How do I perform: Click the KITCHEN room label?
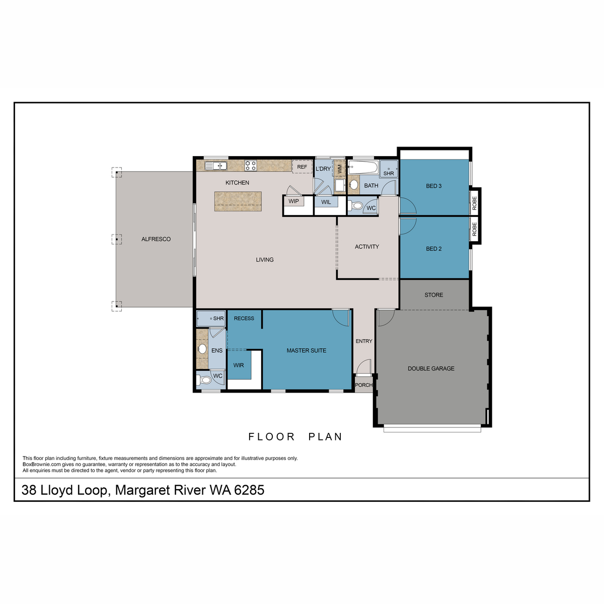click(237, 183)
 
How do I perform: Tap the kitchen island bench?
click(238, 201)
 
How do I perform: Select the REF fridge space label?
click(302, 167)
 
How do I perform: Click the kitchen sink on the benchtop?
click(216, 166)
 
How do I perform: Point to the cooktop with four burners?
click(251, 165)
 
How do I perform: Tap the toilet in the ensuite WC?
click(204, 380)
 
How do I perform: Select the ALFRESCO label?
click(156, 239)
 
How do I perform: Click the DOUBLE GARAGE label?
click(431, 368)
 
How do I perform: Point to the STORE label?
click(433, 295)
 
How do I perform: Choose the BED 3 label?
click(433, 186)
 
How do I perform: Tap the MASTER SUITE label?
click(306, 350)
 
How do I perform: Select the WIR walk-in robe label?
click(239, 365)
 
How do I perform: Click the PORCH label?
click(363, 385)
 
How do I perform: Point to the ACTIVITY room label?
click(366, 247)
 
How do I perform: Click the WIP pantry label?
click(293, 201)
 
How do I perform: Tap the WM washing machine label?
click(340, 169)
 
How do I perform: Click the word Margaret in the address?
click(143, 490)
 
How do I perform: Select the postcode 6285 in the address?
click(249, 490)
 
